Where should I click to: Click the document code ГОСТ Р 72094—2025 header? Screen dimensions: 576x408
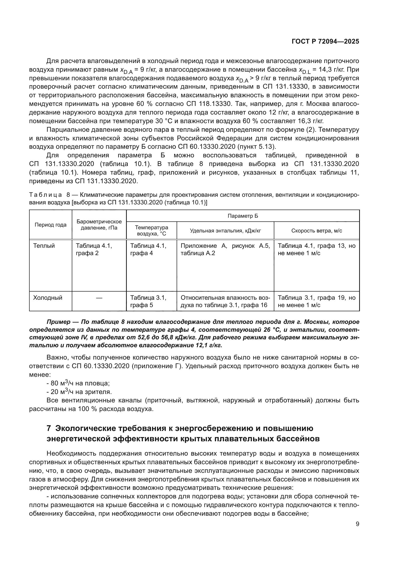[x=325, y=42]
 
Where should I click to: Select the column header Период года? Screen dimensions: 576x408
[x=51, y=225]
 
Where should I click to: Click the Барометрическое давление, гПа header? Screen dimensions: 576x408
[x=99, y=225]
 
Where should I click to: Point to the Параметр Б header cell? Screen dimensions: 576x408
[x=243, y=216]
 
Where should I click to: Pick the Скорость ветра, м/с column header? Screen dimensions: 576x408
[x=316, y=231]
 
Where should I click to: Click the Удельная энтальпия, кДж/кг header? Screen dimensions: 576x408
[x=225, y=231]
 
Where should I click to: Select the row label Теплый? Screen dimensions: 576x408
[x=44, y=246]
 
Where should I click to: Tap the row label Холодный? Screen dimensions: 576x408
[x=48, y=298]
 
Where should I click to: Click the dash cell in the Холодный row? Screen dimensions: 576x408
[x=99, y=298]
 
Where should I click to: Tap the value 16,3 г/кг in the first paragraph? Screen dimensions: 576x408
[x=311, y=121]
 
